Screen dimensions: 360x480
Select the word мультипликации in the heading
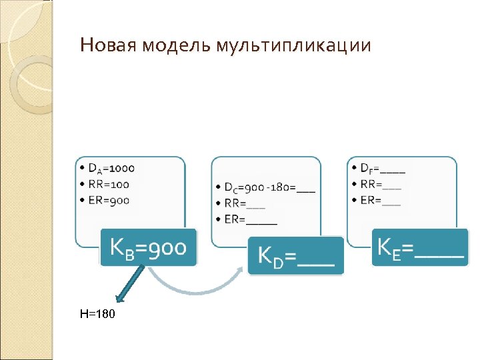(293, 46)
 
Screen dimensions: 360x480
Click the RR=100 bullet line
(107, 184)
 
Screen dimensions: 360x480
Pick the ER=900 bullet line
(107, 200)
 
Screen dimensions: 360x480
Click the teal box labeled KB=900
(148, 247)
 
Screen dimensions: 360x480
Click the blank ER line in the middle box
(250, 218)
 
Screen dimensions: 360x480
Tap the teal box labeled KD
(295, 256)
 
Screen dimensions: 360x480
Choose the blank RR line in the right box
(380, 184)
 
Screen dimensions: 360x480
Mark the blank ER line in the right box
(380, 200)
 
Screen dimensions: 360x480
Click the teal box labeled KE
(420, 247)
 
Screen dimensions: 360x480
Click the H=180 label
(97, 313)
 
